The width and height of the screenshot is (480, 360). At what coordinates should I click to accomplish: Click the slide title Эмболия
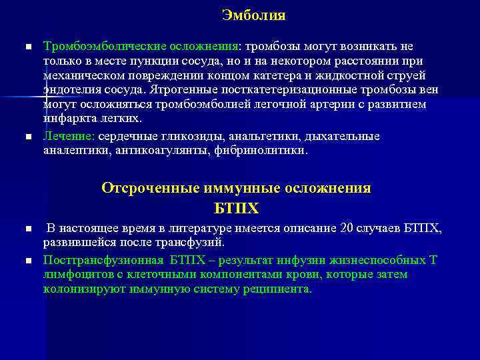point(253,15)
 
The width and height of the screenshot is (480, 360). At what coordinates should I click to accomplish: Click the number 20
point(347,229)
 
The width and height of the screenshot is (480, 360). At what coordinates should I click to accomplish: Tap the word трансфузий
point(189,243)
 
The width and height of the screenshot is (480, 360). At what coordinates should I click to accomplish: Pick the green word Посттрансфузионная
point(100,259)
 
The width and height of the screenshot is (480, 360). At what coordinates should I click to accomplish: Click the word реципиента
point(279,289)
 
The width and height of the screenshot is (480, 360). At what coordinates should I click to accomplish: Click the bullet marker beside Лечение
point(28,137)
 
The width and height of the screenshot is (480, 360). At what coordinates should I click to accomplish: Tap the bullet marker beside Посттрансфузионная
point(28,260)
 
